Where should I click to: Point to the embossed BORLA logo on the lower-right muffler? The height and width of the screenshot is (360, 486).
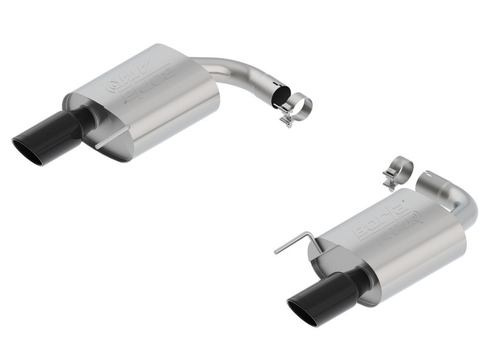[386, 222]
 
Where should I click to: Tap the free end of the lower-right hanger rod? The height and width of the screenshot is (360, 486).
[276, 252]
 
